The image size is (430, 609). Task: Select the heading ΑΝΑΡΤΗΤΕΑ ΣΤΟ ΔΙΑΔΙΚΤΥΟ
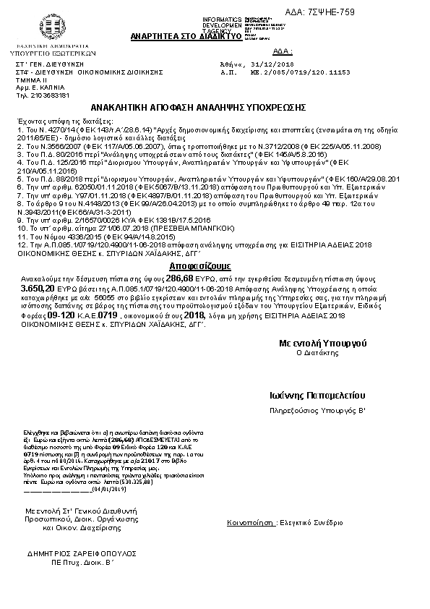173,35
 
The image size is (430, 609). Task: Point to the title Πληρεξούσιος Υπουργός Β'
317,411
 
